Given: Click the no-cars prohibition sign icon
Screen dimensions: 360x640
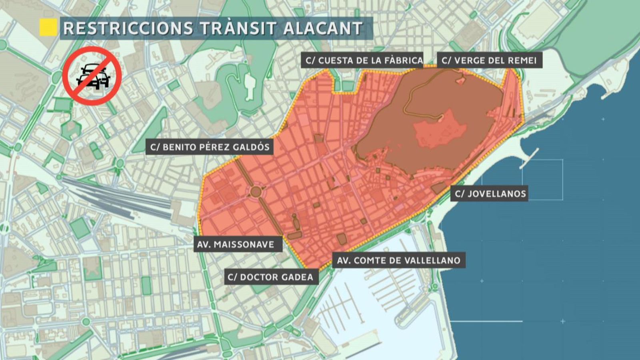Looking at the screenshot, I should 92,76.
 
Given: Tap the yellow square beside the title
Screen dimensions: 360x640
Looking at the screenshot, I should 48,28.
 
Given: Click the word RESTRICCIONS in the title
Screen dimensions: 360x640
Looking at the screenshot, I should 128,28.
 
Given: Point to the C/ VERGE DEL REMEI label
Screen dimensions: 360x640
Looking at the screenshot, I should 489,60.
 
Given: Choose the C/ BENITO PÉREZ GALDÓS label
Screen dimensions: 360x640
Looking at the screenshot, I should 210,147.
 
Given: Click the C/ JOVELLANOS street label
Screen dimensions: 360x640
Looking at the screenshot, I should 490,194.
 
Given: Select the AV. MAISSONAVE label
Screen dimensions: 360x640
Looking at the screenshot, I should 236,244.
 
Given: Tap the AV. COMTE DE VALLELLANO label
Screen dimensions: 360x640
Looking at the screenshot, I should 398,260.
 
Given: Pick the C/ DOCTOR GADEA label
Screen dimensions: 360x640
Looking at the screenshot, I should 270,277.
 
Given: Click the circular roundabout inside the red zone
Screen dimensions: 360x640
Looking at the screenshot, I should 256,192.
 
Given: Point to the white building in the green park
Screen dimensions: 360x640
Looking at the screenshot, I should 249,86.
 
